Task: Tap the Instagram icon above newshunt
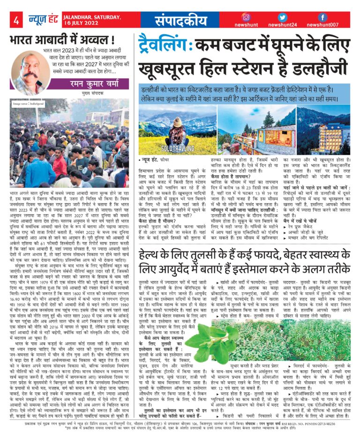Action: (246, 17)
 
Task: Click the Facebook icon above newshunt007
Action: (322, 17)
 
